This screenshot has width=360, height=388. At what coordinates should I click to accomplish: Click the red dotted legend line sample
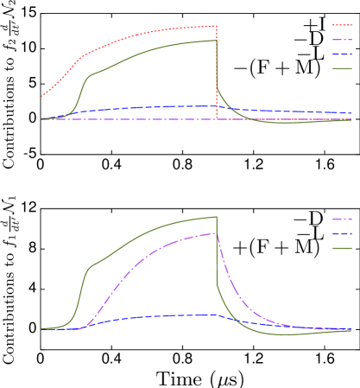point(342,25)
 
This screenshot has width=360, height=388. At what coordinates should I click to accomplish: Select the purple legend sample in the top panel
point(342,40)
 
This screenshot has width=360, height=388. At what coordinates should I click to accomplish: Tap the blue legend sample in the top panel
point(342,54)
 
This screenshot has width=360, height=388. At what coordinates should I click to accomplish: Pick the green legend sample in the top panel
point(342,68)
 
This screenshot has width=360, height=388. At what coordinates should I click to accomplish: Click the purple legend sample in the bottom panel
point(342,219)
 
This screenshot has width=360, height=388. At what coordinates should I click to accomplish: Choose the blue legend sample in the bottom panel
point(342,233)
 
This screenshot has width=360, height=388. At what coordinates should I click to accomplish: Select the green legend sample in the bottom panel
point(342,248)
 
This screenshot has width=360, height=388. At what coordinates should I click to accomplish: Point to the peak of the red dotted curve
point(214,26)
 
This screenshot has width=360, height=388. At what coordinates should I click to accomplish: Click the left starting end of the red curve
point(42,96)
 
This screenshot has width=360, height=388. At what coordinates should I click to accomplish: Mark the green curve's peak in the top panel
point(214,41)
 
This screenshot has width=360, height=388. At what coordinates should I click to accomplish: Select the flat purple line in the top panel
point(129,119)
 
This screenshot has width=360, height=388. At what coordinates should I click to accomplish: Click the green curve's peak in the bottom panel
point(213,217)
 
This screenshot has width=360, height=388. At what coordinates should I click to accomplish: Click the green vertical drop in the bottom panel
point(216,255)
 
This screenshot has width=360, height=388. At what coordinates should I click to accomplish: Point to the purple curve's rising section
point(121,281)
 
